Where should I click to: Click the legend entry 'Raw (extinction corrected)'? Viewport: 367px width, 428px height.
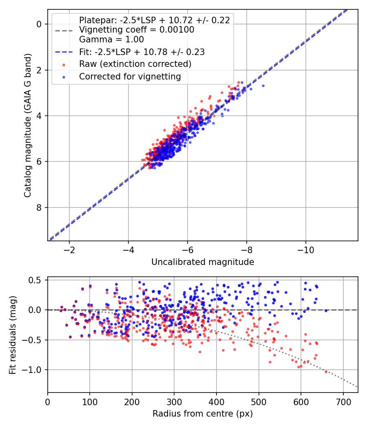point(135,64)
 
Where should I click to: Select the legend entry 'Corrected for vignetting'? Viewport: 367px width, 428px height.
point(130,76)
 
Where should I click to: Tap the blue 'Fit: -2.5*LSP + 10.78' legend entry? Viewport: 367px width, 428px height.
point(141,52)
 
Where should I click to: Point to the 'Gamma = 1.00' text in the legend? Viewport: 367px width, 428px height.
point(111,40)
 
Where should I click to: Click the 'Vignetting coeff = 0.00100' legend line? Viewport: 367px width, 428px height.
point(137,30)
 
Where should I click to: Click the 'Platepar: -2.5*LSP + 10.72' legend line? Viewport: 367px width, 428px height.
point(154,20)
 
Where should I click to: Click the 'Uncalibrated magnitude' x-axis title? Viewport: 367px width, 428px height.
point(203,262)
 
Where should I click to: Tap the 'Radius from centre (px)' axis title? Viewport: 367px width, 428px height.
point(203,414)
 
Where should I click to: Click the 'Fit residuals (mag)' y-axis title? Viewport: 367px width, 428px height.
point(13,335)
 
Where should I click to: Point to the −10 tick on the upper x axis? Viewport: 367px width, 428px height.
point(305,249)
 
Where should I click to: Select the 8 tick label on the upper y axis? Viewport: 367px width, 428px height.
point(40,207)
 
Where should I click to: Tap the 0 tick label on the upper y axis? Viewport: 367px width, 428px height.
point(40,24)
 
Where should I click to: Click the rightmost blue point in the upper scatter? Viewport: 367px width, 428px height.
point(263,86)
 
